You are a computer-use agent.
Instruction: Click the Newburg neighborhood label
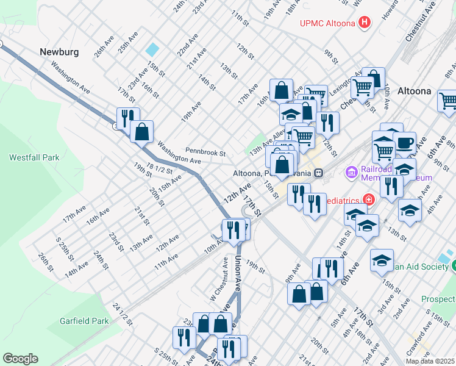59,52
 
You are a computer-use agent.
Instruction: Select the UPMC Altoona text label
327,24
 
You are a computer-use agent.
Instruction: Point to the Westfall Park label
34,157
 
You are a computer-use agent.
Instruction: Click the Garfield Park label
84,321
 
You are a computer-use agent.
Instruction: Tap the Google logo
20,359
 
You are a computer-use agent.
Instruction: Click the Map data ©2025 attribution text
430,361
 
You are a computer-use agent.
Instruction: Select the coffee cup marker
405,143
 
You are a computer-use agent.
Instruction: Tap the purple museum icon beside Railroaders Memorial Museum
351,173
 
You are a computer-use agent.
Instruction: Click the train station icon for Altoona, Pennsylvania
318,173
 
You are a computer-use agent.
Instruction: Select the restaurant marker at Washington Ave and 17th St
128,117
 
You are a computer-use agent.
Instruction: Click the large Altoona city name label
414,91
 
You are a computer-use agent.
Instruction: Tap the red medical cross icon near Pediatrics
368,199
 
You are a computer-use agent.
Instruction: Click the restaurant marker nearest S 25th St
183,337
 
